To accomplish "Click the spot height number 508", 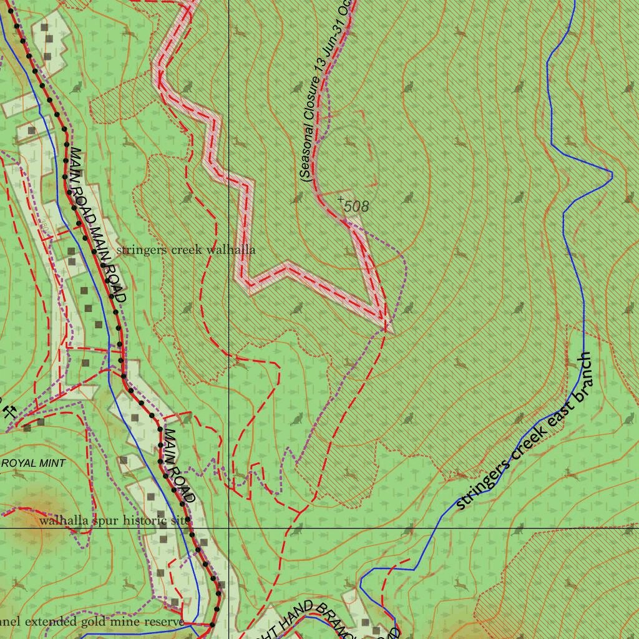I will [x=356, y=207].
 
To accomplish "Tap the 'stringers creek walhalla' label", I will [x=185, y=250].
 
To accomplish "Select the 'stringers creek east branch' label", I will [x=524, y=432].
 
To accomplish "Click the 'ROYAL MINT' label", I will [x=34, y=463].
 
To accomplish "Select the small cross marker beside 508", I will [x=341, y=199].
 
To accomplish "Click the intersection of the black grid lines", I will [x=229, y=528].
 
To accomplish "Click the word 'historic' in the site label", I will [x=152, y=520].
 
